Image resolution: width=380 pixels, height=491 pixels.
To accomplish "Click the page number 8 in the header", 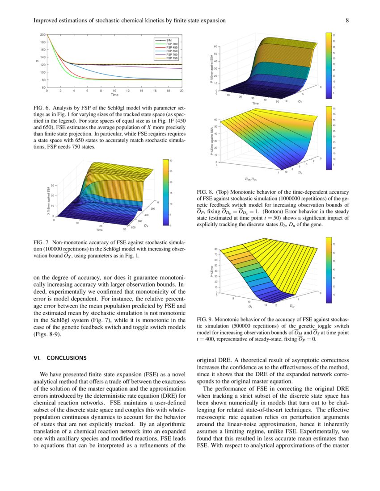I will (347, 21).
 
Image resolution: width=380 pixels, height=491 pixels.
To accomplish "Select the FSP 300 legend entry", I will (172, 44).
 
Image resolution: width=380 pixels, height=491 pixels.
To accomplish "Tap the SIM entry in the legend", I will (169, 40).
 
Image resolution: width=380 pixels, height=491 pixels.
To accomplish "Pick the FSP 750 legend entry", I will (172, 58).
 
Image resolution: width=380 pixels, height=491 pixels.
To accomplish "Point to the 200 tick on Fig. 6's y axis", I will (42, 34).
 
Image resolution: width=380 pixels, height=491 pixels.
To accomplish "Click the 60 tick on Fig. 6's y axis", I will (43, 87).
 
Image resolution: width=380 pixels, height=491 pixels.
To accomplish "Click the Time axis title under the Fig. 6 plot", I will (115, 95).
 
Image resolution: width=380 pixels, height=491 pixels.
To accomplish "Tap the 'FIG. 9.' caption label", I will (206, 320).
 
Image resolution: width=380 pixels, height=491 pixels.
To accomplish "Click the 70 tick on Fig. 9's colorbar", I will (334, 245).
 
